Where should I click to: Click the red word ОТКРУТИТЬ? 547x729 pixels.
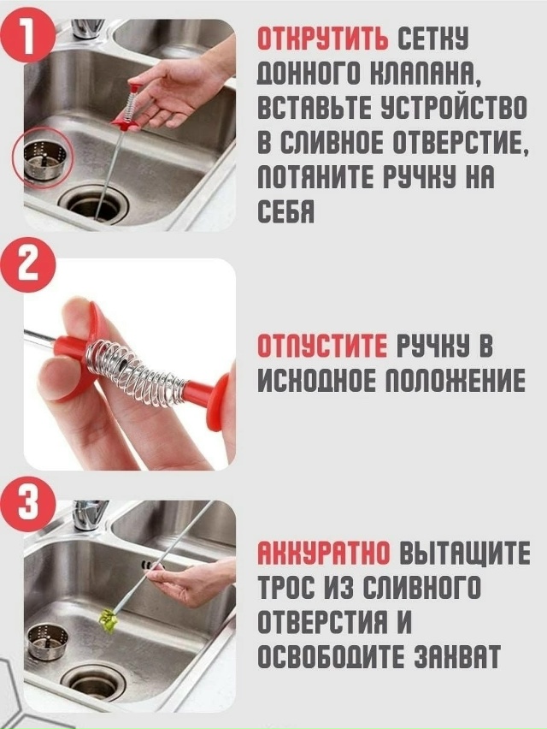coord(323,39)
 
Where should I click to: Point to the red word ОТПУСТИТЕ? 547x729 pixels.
coord(322,346)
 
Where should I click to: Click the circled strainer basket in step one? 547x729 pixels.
coord(42,160)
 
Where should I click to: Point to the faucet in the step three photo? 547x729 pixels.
coord(87,515)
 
